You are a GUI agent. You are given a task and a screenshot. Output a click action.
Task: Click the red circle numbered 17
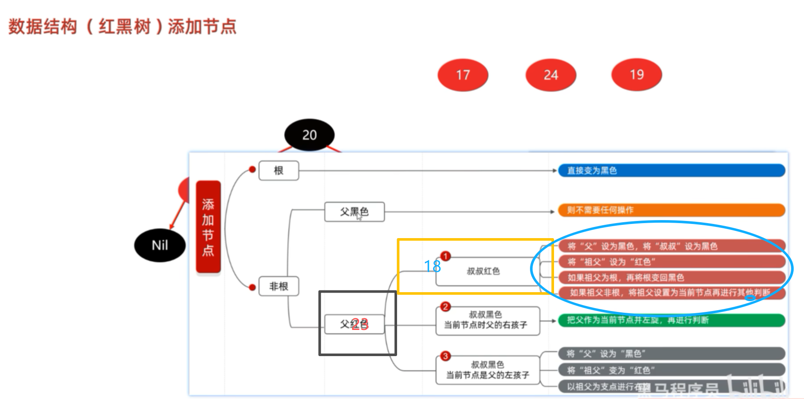click(463, 75)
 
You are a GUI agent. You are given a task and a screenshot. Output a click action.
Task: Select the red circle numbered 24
click(551, 75)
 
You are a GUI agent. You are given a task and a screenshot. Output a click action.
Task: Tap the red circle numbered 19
click(636, 75)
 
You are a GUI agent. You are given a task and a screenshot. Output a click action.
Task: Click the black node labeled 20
click(309, 135)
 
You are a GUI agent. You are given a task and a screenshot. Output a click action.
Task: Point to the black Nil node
click(160, 245)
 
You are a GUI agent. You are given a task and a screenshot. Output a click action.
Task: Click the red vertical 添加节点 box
click(208, 227)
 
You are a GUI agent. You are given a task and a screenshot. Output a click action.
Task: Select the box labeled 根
click(279, 170)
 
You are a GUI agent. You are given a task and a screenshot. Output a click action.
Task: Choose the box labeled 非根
click(279, 286)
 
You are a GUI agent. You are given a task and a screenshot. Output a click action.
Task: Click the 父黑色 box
click(354, 212)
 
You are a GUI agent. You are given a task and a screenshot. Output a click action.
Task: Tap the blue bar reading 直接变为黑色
click(671, 170)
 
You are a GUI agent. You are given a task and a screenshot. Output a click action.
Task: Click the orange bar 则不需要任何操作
click(671, 210)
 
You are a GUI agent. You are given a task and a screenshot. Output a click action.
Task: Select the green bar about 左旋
click(671, 320)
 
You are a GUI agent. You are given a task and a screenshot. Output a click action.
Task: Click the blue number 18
click(432, 266)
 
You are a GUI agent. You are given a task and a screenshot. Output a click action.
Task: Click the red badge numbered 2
click(446, 307)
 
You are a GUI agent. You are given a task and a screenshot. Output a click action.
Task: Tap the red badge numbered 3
click(446, 356)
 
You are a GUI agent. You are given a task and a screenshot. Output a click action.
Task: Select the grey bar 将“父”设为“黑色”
click(671, 354)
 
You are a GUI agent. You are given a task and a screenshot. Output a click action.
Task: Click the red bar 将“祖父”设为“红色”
click(671, 262)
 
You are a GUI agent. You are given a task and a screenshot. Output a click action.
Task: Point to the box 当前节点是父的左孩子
click(488, 370)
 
